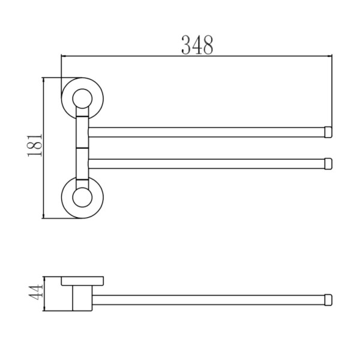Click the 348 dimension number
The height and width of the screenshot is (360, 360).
pyautogui.click(x=197, y=45)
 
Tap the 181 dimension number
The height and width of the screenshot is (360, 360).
pyautogui.click(x=35, y=145)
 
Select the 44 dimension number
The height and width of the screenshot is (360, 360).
pyautogui.click(x=36, y=292)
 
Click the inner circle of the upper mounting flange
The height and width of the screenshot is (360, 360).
pyautogui.click(x=82, y=99)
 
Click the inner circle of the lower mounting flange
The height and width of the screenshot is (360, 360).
pyautogui.click(x=82, y=197)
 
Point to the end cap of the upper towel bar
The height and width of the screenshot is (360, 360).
pyautogui.click(x=328, y=132)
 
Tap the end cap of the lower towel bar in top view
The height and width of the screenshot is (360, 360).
pyautogui.click(x=328, y=164)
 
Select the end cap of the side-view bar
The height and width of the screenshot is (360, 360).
pyautogui.click(x=328, y=300)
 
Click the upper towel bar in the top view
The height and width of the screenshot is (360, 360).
pyautogui.click(x=206, y=132)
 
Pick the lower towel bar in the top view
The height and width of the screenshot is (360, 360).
pyautogui.click(x=206, y=164)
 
